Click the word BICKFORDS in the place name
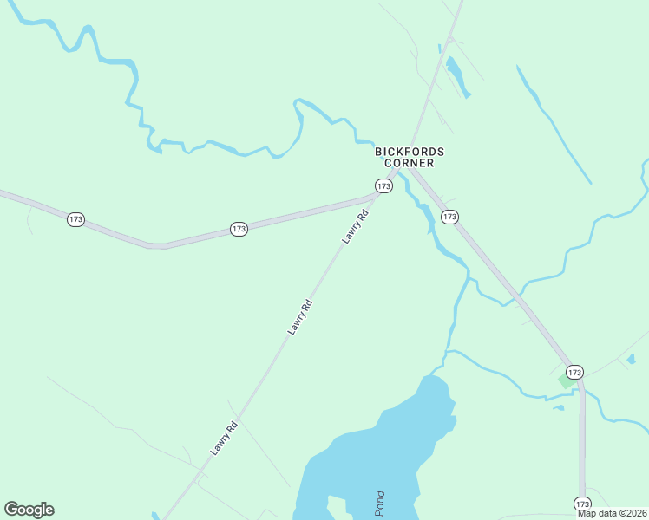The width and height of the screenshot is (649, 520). [410, 152]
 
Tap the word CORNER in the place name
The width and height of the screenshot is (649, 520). [410, 163]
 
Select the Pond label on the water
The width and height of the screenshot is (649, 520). [379, 504]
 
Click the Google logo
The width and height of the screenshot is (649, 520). [29, 510]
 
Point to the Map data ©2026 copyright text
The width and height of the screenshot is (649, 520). [613, 513]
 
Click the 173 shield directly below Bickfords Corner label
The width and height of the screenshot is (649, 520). [383, 185]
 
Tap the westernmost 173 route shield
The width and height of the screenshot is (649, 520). [75, 219]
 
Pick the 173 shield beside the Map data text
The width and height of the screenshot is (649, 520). [582, 503]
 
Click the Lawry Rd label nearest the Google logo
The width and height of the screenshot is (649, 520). [224, 439]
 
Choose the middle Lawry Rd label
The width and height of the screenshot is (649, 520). [300, 317]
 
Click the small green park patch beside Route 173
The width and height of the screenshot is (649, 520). [566, 380]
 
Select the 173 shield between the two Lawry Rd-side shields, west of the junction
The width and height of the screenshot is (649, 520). [239, 229]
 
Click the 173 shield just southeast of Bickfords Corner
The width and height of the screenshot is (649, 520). [449, 217]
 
